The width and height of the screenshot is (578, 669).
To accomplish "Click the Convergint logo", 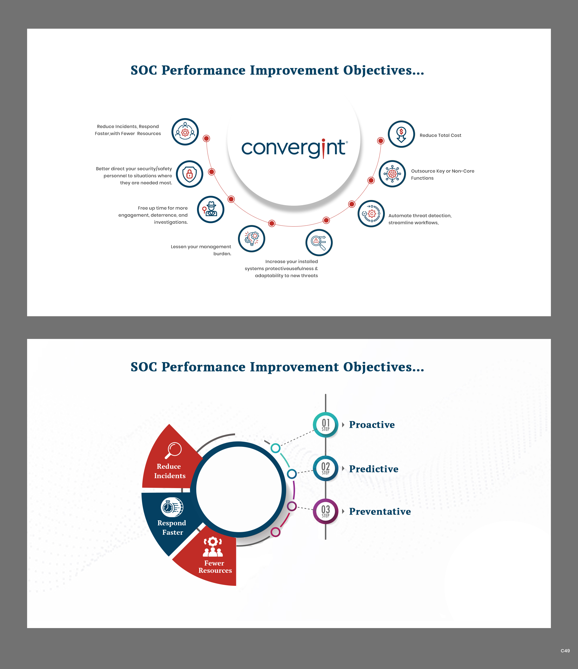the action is [294, 148].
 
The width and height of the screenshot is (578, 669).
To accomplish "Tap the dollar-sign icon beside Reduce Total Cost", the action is [401, 134].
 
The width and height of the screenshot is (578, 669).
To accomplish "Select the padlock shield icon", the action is [189, 174].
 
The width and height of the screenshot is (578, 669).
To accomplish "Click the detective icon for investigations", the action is [210, 210].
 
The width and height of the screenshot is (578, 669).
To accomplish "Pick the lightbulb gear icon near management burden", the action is [251, 239].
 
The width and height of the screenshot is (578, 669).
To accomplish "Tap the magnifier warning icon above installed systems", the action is [319, 242].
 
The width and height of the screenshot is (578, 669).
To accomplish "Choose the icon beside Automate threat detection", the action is [371, 214].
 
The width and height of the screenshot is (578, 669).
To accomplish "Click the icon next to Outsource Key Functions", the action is [392, 174].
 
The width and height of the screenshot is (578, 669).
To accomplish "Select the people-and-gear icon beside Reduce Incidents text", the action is [185, 132].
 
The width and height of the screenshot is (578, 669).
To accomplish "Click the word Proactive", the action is [372, 425].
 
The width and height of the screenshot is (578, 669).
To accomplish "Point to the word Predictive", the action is [374, 469].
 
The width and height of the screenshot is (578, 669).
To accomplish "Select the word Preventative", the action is [380, 512].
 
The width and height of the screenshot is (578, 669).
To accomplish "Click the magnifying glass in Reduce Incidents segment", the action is [173, 450].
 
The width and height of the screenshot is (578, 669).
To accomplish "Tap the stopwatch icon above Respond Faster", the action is [172, 507].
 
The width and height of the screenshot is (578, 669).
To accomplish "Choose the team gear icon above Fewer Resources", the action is [213, 547].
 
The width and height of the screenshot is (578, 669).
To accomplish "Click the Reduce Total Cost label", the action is [440, 135].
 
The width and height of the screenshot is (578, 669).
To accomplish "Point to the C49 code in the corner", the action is [565, 650].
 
